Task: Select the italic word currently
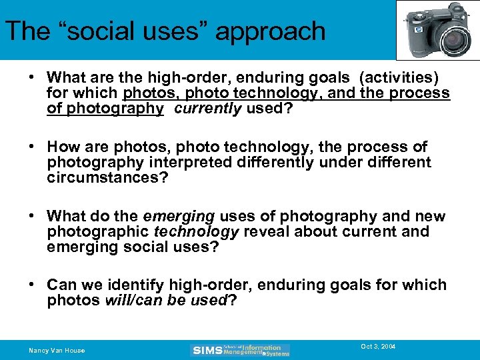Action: click(x=207, y=109)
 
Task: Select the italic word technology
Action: click(x=196, y=231)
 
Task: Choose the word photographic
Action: click(x=99, y=231)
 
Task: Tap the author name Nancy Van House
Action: click(x=57, y=350)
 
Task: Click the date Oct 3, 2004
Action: click(x=378, y=347)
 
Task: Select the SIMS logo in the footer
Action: click(x=241, y=350)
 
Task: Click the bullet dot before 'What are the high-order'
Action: click(x=32, y=77)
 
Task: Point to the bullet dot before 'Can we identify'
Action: click(x=32, y=285)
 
